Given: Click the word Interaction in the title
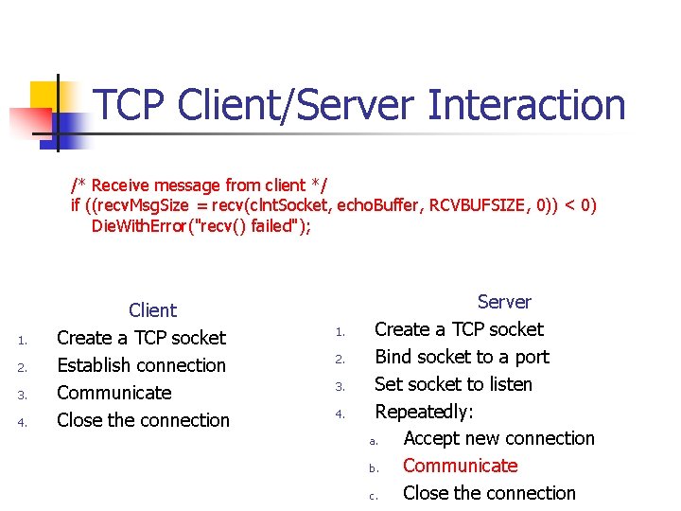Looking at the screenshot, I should (x=526, y=105).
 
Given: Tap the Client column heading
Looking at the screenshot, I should (x=152, y=310).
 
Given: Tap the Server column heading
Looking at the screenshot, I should (x=504, y=302).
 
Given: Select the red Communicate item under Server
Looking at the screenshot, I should (x=460, y=466).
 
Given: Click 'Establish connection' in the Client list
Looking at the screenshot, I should (x=141, y=365).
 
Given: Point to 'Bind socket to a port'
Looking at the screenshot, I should (x=462, y=357).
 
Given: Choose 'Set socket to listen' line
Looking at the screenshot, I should (x=453, y=384).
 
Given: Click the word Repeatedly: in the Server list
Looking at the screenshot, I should (x=424, y=412).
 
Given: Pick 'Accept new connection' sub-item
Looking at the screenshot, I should (x=498, y=438).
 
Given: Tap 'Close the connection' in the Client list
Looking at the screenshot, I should (x=143, y=420).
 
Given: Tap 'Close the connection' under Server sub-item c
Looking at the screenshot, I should (x=489, y=493).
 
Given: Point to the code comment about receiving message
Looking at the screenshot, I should (x=199, y=185).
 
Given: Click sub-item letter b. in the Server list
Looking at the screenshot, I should (x=374, y=467).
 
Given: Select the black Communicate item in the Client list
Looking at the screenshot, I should (x=113, y=393).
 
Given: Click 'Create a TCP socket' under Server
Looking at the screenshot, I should (x=459, y=329).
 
